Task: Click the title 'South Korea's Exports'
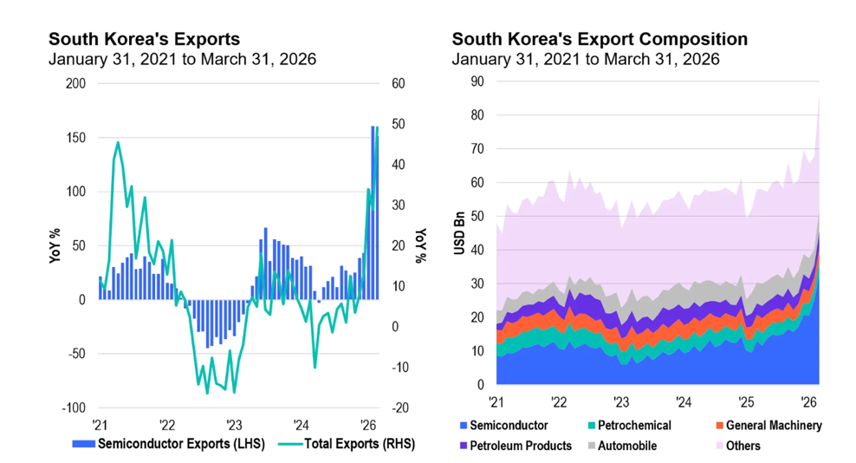pos(144,39)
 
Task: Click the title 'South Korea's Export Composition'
pos(600,39)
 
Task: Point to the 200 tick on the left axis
pos(76,84)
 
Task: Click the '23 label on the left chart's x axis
pos(234,426)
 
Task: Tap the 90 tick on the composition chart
pos(477,82)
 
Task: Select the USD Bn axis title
pos(460,233)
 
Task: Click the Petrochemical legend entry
pos(634,426)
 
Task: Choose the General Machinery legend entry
pos(774,426)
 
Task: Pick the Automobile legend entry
pos(626,446)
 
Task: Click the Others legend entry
pos(743,446)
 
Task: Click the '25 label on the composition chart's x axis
pos(745,402)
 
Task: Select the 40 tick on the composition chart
pos(477,250)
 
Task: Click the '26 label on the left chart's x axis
pos(368,426)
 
